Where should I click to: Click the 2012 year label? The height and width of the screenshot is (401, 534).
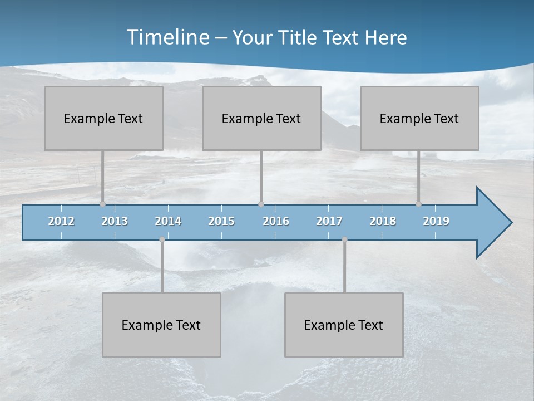pyautogui.click(x=61, y=221)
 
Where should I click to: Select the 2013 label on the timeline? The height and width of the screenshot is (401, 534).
pyautogui.click(x=115, y=221)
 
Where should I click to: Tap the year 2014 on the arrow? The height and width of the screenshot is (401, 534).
pyautogui.click(x=168, y=221)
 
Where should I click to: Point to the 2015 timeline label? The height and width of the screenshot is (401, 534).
pyautogui.click(x=221, y=221)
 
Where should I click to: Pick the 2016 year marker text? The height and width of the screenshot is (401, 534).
pyautogui.click(x=276, y=221)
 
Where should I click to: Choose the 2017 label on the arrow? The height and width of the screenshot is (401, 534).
pyautogui.click(x=329, y=221)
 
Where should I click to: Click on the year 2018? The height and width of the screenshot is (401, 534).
pyautogui.click(x=383, y=221)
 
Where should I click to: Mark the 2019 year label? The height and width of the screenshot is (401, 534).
pyautogui.click(x=436, y=221)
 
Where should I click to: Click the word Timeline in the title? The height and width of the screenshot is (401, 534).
pyautogui.click(x=167, y=37)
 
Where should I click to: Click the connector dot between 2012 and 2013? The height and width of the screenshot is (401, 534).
pyautogui.click(x=102, y=204)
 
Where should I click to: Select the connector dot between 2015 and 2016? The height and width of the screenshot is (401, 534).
pyautogui.click(x=261, y=204)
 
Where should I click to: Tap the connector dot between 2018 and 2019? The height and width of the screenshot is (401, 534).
pyautogui.click(x=418, y=204)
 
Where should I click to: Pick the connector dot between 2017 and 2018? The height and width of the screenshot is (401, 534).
pyautogui.click(x=344, y=239)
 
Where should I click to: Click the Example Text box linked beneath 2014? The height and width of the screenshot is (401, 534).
pyautogui.click(x=161, y=325)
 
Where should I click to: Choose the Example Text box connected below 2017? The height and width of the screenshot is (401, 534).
pyautogui.click(x=344, y=325)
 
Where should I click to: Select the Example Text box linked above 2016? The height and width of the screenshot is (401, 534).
pyautogui.click(x=261, y=118)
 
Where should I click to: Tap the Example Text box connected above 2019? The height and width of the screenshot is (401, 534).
pyautogui.click(x=419, y=118)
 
